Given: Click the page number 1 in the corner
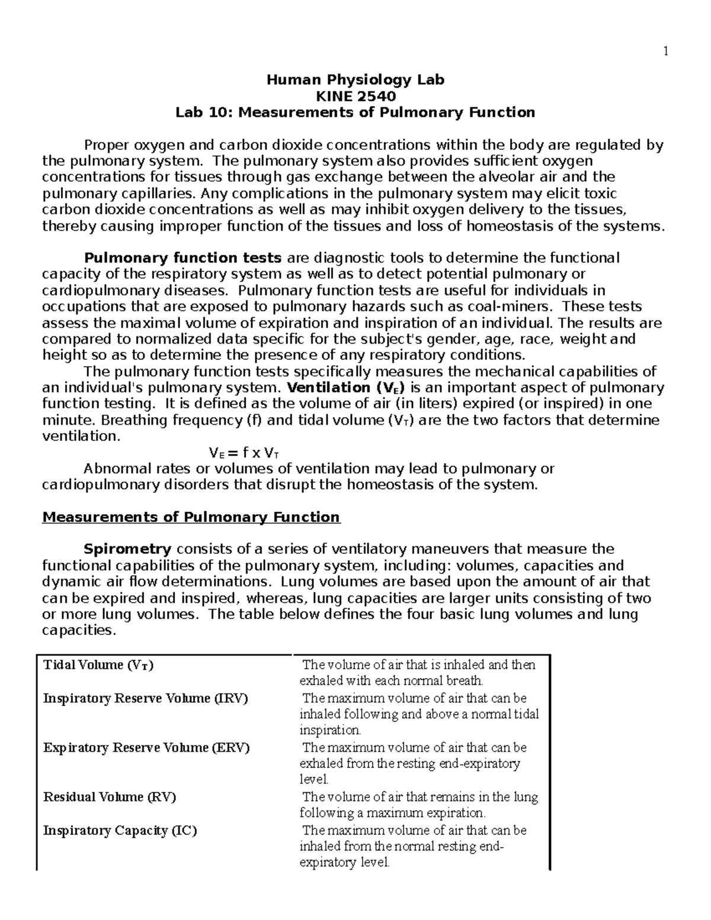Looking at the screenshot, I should point(665,52).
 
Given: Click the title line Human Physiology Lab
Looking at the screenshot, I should point(355,80).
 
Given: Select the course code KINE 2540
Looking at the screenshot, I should point(355,96).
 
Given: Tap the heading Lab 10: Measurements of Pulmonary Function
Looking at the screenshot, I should point(355,113).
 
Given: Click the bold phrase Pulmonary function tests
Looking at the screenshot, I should point(183,258).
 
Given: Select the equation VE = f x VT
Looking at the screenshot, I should point(244,454).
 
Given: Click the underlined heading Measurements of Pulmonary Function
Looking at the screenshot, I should point(191,517).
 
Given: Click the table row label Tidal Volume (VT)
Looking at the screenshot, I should point(98,665).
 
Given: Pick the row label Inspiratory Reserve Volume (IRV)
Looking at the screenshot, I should point(146,698).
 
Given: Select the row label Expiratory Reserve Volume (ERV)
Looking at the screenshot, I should point(146,748).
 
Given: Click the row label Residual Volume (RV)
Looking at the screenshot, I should point(110,797).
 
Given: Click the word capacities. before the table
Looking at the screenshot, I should point(77,630).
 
